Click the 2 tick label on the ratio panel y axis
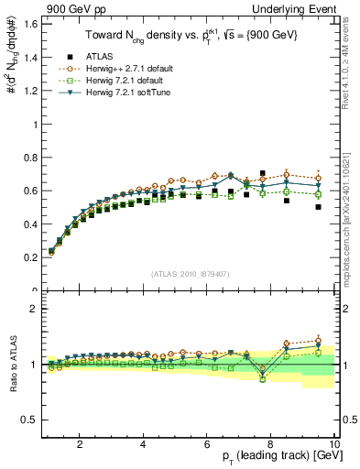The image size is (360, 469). click(x=33, y=309)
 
